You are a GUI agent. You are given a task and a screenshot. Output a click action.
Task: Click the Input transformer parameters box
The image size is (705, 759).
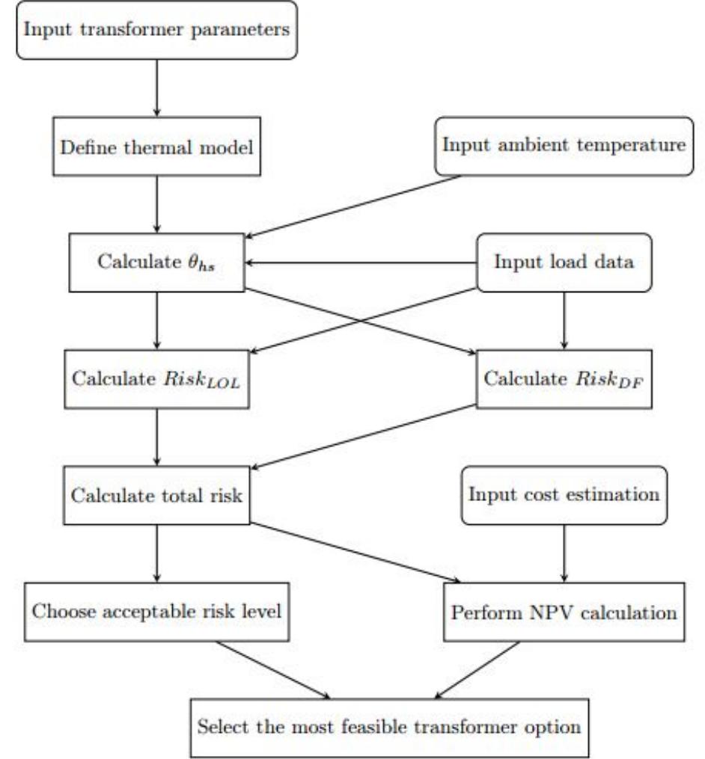pos(156,30)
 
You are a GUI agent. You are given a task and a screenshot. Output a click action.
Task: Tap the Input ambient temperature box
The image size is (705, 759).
pos(563,145)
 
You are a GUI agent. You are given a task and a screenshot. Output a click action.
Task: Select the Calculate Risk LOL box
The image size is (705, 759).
pos(156,378)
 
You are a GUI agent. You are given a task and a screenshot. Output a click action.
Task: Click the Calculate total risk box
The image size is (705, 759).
pos(156,495)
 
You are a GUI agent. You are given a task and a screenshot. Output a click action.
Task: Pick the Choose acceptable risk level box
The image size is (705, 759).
pos(156,612)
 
